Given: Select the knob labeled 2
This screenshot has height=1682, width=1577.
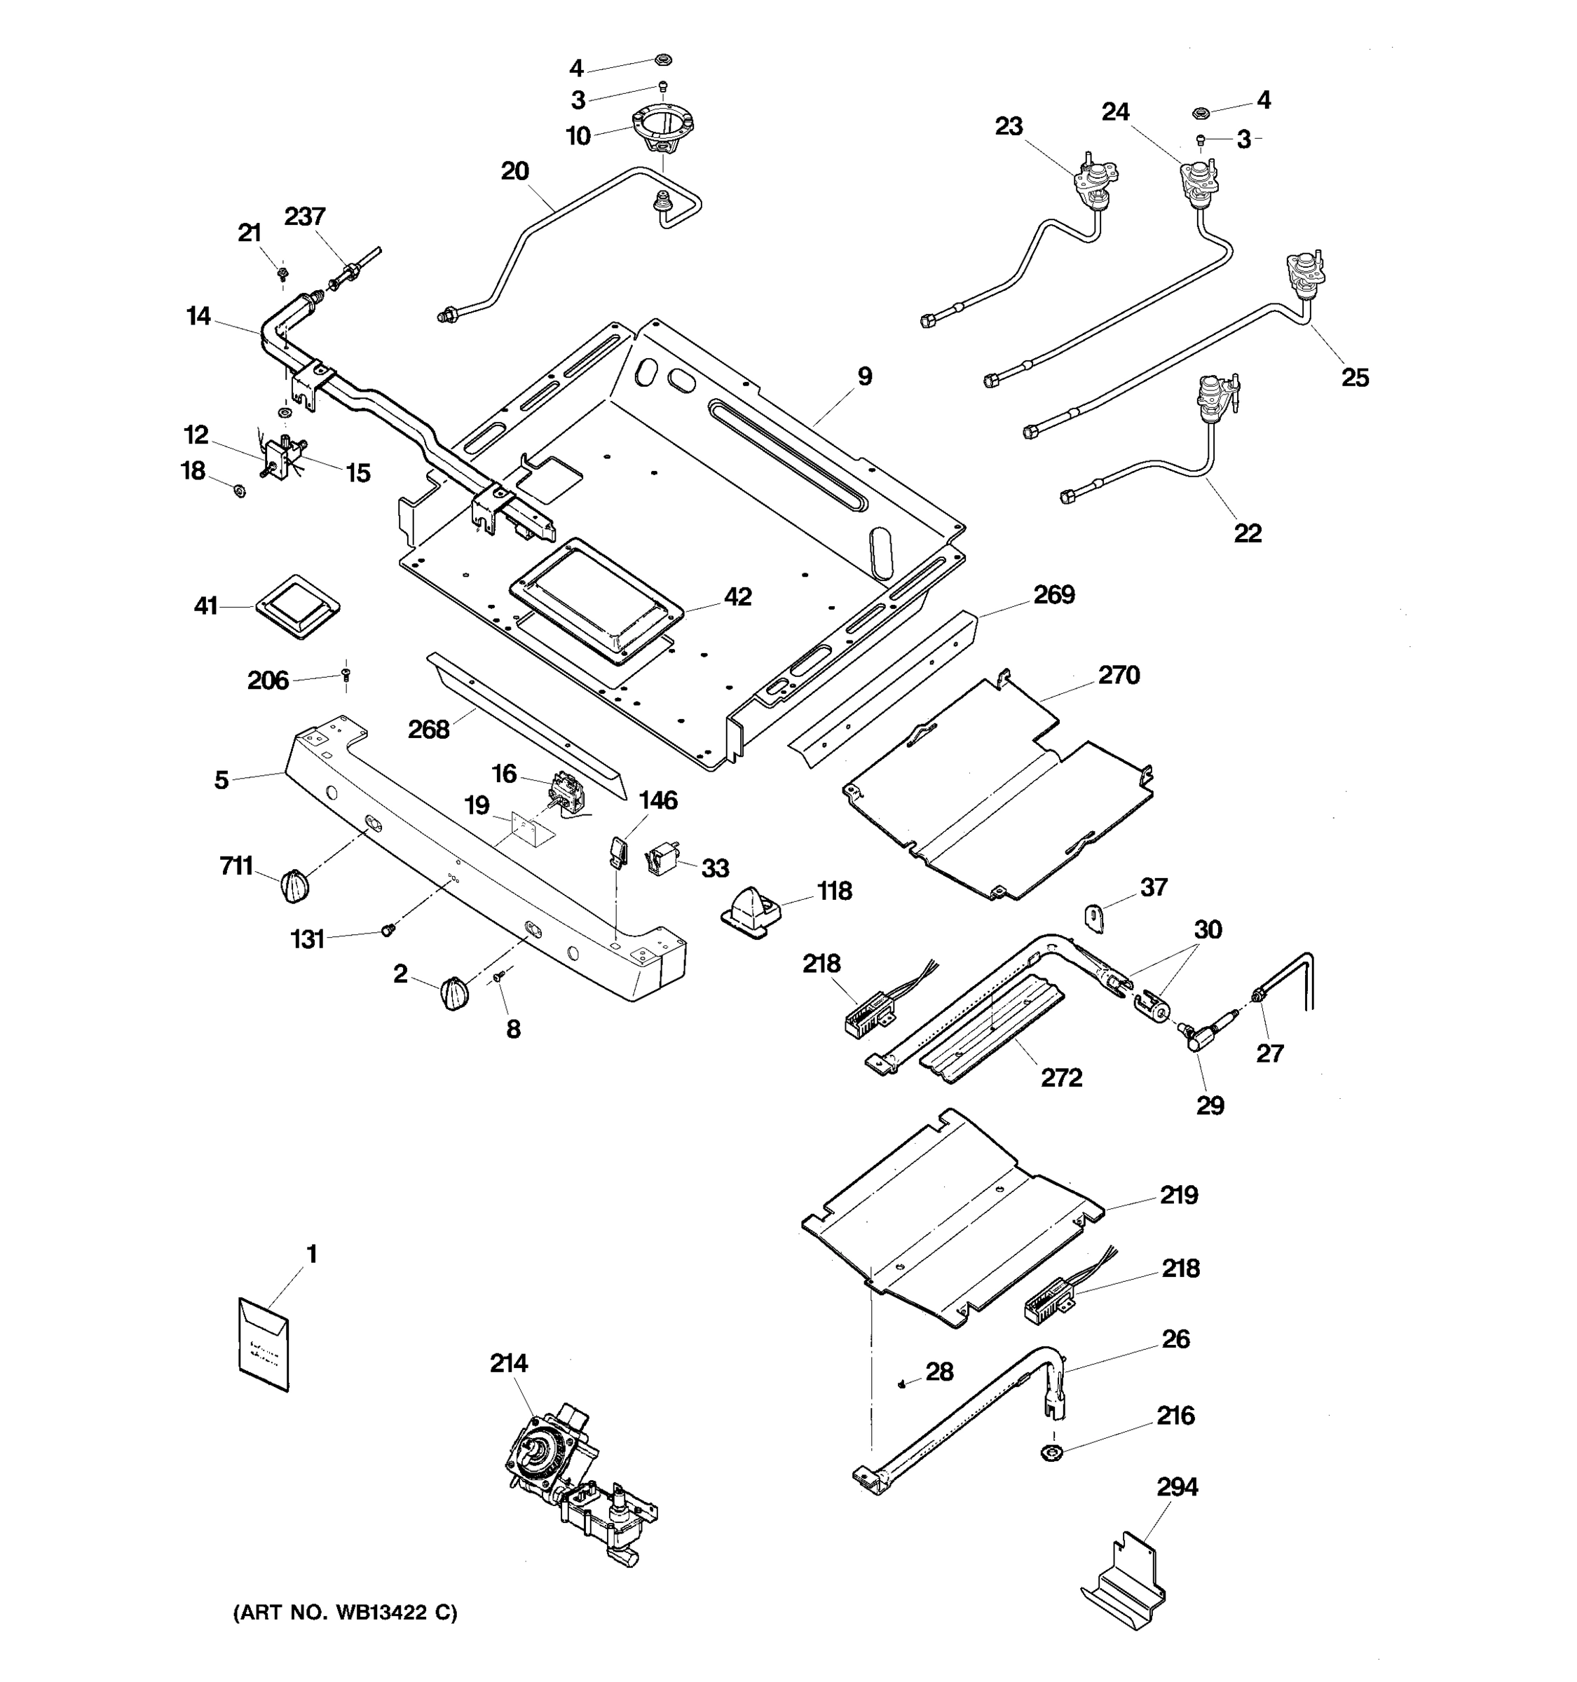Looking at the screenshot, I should pyautogui.click(x=454, y=993).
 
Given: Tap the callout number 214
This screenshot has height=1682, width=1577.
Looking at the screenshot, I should pyautogui.click(x=508, y=1363).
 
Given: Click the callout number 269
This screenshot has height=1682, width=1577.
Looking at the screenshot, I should pyautogui.click(x=1053, y=595).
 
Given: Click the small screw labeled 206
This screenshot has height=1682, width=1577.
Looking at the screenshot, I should pyautogui.click(x=345, y=674).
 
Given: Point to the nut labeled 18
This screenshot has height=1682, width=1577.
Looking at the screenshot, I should pyautogui.click(x=240, y=490).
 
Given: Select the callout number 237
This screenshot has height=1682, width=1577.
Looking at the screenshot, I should pyautogui.click(x=305, y=217).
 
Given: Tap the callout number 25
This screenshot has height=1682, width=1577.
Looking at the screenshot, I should pyautogui.click(x=1355, y=377).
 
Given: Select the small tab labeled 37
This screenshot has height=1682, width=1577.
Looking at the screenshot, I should pyautogui.click(x=1094, y=917).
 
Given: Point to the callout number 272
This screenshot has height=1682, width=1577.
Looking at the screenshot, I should pyautogui.click(x=1061, y=1078).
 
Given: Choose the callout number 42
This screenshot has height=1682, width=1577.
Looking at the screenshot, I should pyautogui.click(x=738, y=597).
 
